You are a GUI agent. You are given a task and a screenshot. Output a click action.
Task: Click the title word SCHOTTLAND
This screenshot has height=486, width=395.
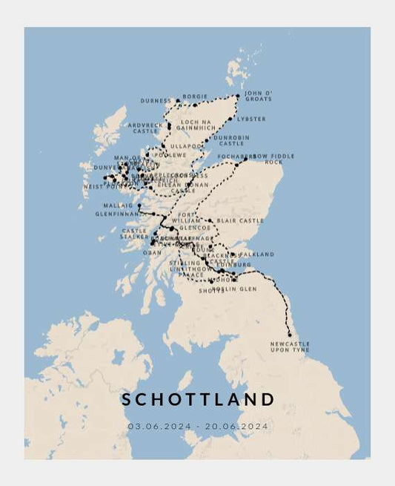[x=198, y=399]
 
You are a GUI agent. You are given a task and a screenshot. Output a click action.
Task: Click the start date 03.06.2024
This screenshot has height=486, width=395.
[x=158, y=426]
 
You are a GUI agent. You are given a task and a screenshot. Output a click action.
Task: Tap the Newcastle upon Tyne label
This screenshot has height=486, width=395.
[x=291, y=347]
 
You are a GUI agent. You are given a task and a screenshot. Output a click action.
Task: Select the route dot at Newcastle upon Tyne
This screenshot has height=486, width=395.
[x=290, y=335]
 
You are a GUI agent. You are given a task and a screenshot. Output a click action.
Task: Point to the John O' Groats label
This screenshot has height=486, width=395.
[x=258, y=96]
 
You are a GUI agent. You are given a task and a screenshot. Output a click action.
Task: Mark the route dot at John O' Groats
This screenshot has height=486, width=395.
[x=238, y=96]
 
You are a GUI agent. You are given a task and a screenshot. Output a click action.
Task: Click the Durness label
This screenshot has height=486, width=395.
[x=156, y=100]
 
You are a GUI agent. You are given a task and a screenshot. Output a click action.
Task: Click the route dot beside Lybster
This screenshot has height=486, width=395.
[x=233, y=118]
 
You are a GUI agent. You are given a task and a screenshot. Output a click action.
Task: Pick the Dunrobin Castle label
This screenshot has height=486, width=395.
[x=231, y=140]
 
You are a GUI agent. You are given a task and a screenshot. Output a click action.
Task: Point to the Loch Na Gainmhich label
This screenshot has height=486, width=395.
[x=196, y=125]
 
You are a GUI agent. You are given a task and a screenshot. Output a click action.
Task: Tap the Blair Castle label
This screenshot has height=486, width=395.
[x=240, y=220]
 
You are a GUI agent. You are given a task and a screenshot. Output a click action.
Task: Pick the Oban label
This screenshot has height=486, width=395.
[x=152, y=252]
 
